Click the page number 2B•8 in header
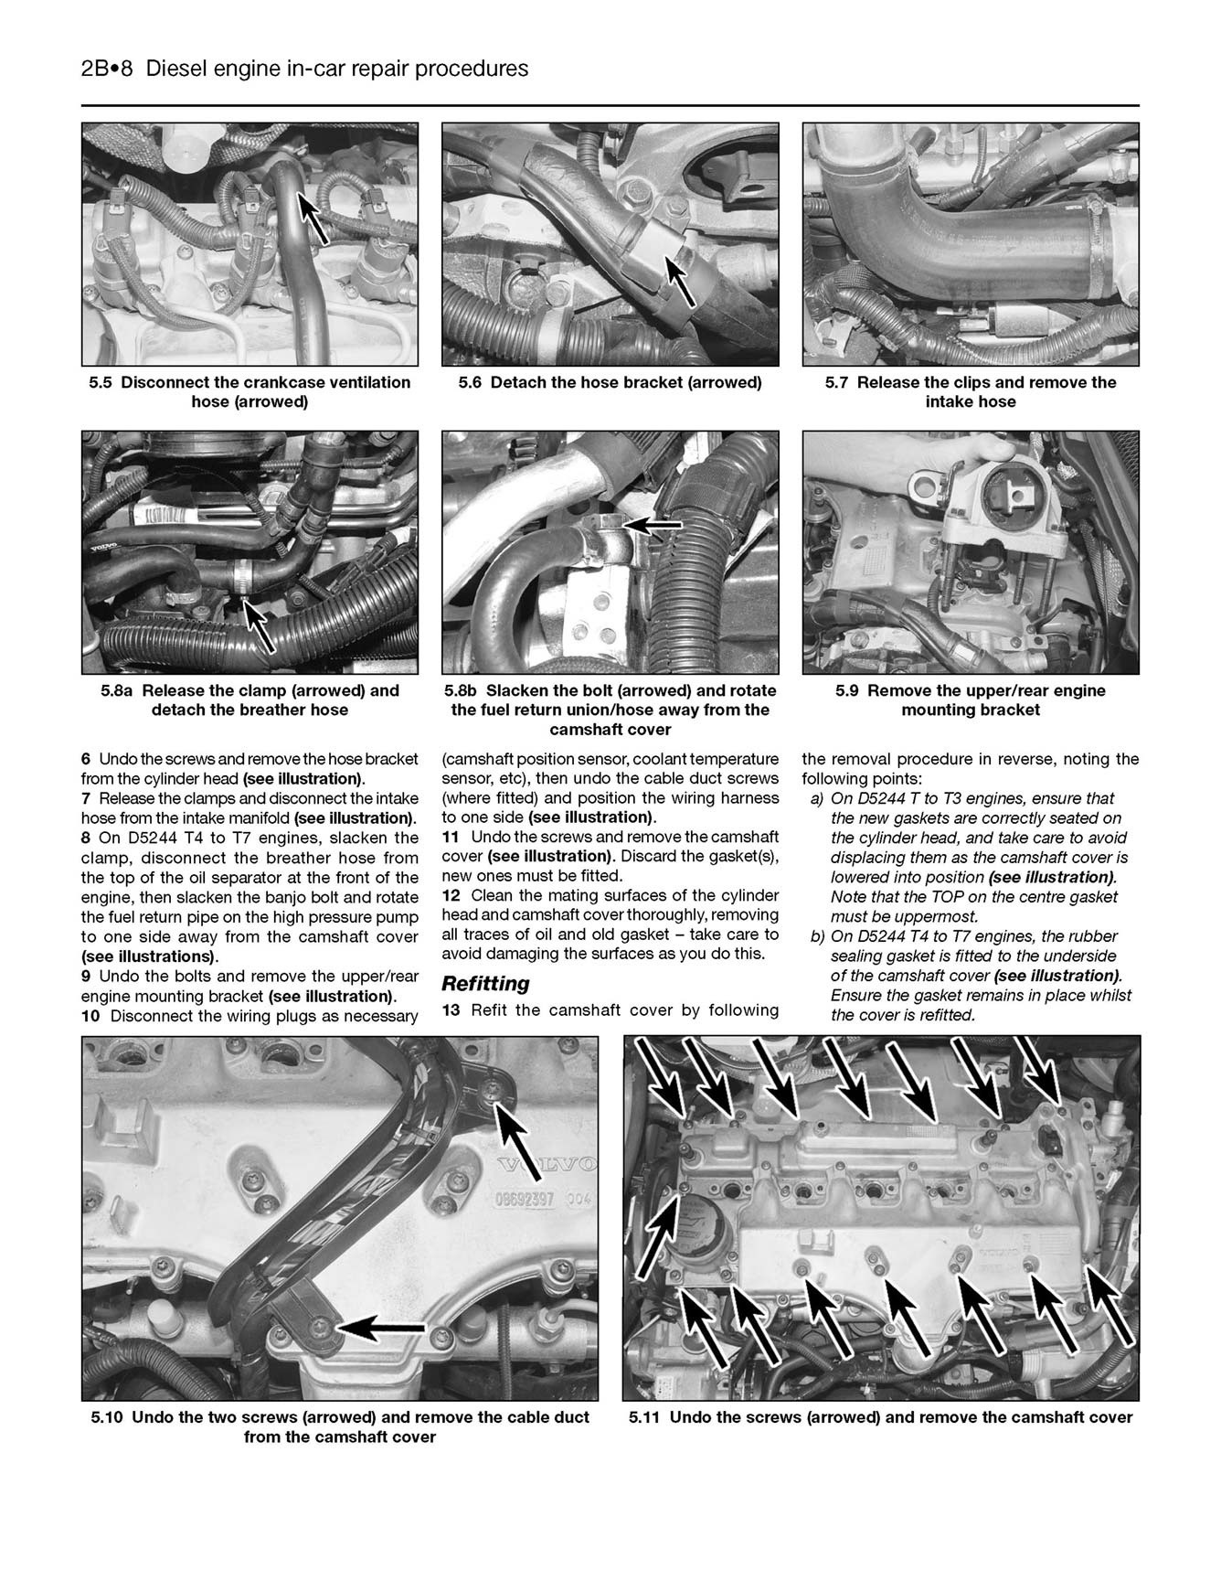click(x=108, y=69)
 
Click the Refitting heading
click(x=485, y=984)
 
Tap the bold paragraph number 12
click(x=450, y=895)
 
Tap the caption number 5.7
click(x=837, y=382)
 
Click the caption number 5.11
click(x=645, y=1417)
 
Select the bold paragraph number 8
click(x=86, y=838)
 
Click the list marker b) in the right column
click(x=817, y=935)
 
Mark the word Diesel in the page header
click(x=175, y=69)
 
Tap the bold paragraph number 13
click(x=450, y=1009)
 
